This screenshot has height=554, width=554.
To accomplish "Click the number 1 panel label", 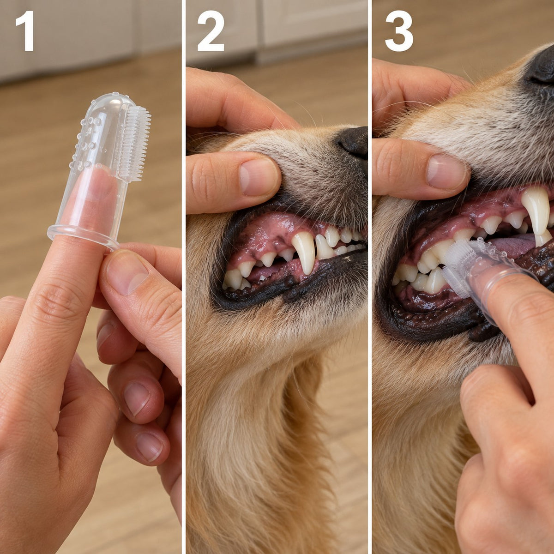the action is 25,31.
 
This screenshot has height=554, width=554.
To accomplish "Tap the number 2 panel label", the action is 210,31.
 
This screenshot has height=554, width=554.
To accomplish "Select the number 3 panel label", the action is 399,31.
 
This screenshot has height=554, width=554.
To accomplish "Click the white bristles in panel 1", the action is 135,143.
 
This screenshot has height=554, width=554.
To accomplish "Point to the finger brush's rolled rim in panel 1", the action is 84,236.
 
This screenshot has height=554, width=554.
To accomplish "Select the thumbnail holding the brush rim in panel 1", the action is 126,271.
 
